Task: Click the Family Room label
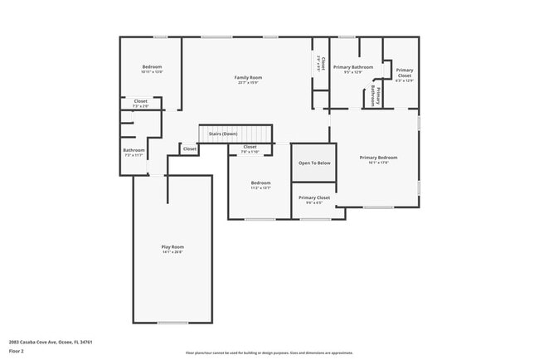click(x=247, y=77)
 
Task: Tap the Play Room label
click(x=172, y=247)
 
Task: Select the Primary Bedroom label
click(x=378, y=157)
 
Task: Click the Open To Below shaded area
click(x=314, y=163)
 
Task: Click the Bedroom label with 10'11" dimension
click(x=152, y=66)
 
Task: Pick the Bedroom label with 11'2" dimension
click(x=261, y=182)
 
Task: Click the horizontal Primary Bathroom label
click(x=353, y=66)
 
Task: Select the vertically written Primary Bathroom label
click(x=376, y=95)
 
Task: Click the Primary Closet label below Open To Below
click(x=314, y=197)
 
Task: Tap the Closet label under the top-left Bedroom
click(x=141, y=101)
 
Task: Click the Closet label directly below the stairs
click(x=250, y=147)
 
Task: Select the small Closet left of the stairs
click(x=190, y=149)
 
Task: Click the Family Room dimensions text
click(x=247, y=82)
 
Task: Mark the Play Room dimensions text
click(x=172, y=252)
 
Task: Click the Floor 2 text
click(x=17, y=349)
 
